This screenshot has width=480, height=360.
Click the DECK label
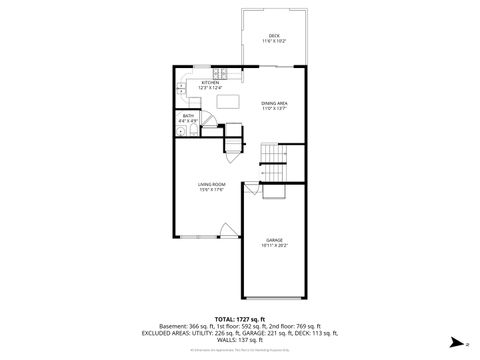pos(274,36)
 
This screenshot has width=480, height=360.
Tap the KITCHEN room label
pos(210,83)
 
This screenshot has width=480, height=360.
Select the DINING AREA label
pos(275,103)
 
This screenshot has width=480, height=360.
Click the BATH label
pos(188,116)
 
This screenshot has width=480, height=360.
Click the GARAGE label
pos(274,240)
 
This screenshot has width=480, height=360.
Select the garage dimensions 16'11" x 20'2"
pos(274,245)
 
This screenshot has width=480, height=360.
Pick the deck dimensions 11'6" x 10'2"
pos(274,41)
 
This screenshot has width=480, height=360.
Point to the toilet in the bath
pos(184,129)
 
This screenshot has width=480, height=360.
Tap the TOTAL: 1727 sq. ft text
pos(239,318)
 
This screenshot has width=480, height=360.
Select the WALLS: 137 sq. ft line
pos(240,340)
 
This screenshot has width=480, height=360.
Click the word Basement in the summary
pos(172,325)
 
